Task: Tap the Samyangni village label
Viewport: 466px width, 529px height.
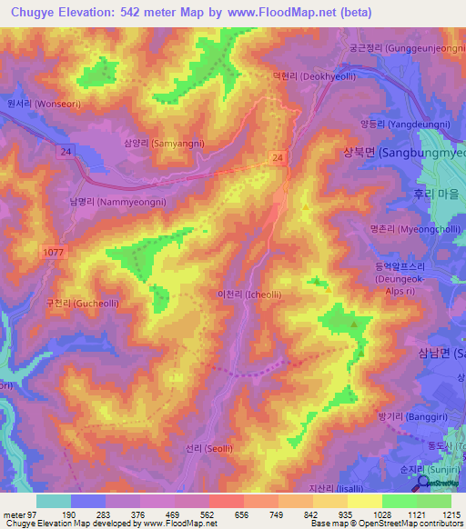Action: (164, 144)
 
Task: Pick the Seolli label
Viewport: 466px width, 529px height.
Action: (190, 449)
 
